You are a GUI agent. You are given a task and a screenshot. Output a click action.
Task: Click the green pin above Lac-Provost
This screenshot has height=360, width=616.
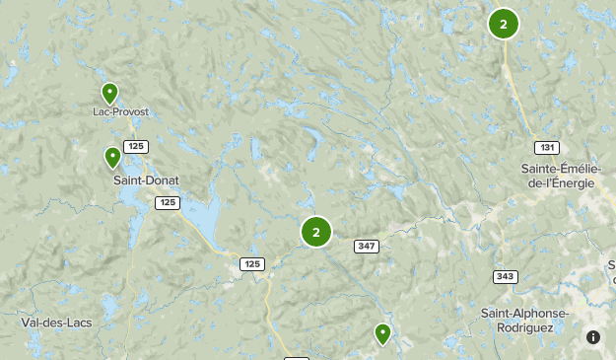(109, 94)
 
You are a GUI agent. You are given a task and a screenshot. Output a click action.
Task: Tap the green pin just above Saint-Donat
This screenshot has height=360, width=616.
(113, 157)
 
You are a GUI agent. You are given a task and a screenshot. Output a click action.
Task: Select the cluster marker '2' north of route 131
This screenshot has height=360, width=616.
(504, 24)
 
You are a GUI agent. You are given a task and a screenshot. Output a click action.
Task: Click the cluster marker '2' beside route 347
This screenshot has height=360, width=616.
(316, 232)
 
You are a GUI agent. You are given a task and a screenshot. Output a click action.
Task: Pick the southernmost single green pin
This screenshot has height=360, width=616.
(382, 334)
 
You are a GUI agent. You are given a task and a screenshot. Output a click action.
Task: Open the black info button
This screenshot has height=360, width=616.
(593, 337)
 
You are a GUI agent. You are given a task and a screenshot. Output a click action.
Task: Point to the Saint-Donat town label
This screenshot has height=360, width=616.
(145, 180)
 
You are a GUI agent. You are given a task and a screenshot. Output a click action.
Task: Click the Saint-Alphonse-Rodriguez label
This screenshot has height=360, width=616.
(524, 320)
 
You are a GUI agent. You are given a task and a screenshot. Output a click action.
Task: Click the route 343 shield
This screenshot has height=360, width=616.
(506, 276)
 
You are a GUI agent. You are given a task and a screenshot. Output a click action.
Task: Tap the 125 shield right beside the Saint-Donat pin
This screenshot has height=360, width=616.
(137, 147)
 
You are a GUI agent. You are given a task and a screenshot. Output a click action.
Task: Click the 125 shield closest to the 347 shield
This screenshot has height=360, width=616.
(251, 263)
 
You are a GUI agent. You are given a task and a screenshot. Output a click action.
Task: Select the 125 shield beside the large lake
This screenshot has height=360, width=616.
(168, 202)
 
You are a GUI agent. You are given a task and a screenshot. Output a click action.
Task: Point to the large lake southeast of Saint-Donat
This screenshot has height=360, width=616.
(205, 214)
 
